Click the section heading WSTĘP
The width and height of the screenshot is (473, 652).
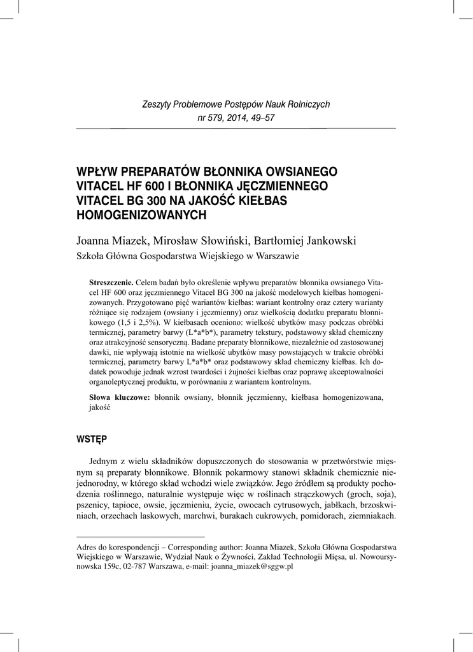click(x=92, y=439)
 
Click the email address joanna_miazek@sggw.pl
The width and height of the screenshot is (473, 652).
click(x=251, y=566)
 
